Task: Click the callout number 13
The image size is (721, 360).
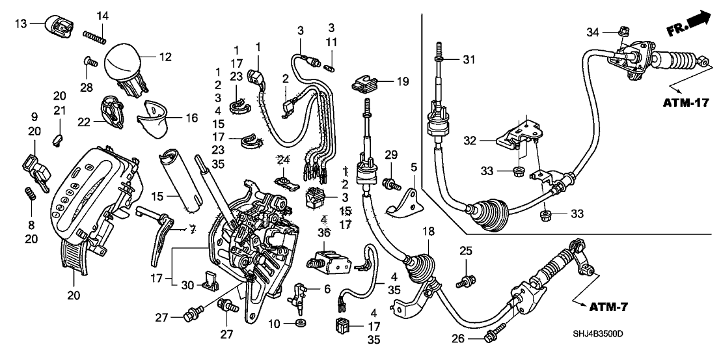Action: click(21, 23)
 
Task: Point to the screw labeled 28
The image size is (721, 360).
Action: click(90, 62)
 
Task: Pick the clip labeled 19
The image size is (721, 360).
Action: click(367, 83)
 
